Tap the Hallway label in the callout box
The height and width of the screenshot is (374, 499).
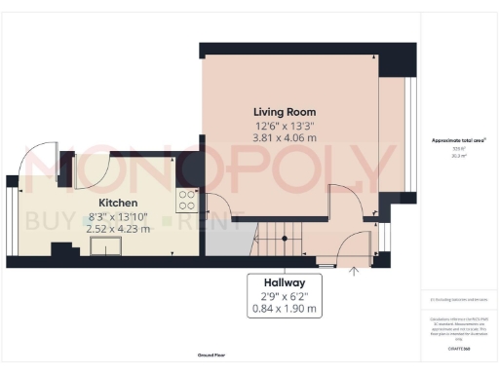click(282, 281)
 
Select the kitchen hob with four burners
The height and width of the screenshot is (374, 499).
click(186, 201)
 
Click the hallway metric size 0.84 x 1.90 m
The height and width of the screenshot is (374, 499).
click(282, 309)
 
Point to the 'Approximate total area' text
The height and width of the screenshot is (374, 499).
click(459, 140)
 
